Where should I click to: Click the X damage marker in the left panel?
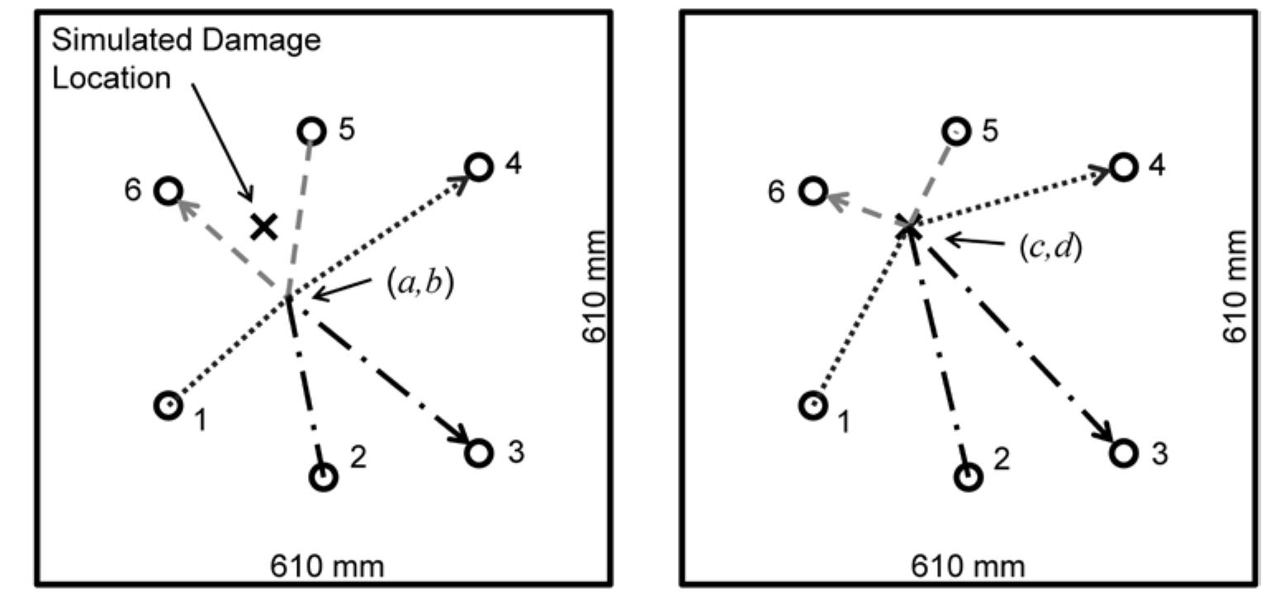[263, 225]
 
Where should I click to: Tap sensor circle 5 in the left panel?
[310, 130]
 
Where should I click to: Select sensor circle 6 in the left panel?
[168, 192]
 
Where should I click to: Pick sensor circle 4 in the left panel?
[478, 168]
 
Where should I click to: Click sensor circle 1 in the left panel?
[168, 405]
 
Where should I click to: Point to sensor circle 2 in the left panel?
[323, 476]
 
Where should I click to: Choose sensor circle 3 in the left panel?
[478, 453]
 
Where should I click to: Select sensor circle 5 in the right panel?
[956, 130]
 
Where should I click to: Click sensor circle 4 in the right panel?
[1123, 168]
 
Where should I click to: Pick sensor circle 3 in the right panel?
[1123, 453]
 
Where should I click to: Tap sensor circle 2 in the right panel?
[969, 476]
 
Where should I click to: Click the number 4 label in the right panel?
[1158, 166]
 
